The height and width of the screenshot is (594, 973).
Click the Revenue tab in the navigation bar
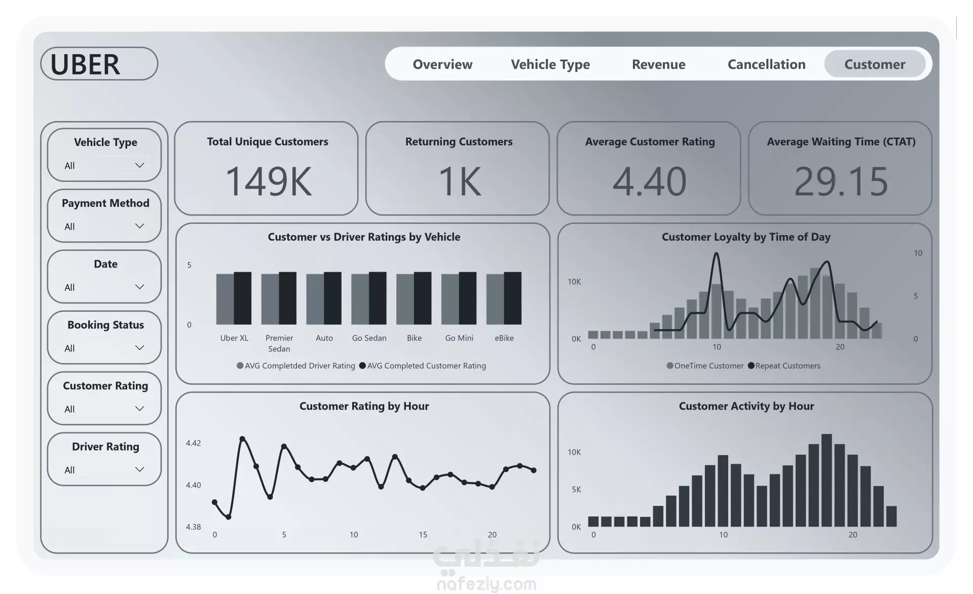click(x=658, y=64)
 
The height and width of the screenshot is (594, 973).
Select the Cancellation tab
click(x=766, y=64)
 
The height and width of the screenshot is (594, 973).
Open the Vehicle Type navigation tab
click(x=550, y=64)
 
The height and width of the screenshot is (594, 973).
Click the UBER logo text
click(x=85, y=65)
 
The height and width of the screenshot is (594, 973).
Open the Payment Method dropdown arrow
click(x=139, y=226)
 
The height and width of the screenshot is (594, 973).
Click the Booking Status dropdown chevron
click(x=139, y=348)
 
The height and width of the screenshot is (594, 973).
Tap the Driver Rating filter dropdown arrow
click(x=139, y=469)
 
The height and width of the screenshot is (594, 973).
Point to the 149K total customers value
click(x=268, y=181)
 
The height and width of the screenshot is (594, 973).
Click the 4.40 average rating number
click(x=649, y=181)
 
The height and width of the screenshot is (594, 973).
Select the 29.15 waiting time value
click(x=841, y=181)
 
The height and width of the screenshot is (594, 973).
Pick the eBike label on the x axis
click(x=504, y=338)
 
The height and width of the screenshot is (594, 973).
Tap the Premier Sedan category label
click(x=279, y=343)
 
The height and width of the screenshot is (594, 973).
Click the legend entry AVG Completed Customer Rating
click(x=426, y=366)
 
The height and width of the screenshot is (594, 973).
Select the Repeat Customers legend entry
click(x=787, y=366)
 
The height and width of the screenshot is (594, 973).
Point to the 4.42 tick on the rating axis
click(x=193, y=443)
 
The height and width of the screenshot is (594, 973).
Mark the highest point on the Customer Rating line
click(x=242, y=438)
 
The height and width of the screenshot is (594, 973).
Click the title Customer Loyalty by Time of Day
click(x=745, y=237)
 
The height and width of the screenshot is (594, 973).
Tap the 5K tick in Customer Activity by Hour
click(x=576, y=490)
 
